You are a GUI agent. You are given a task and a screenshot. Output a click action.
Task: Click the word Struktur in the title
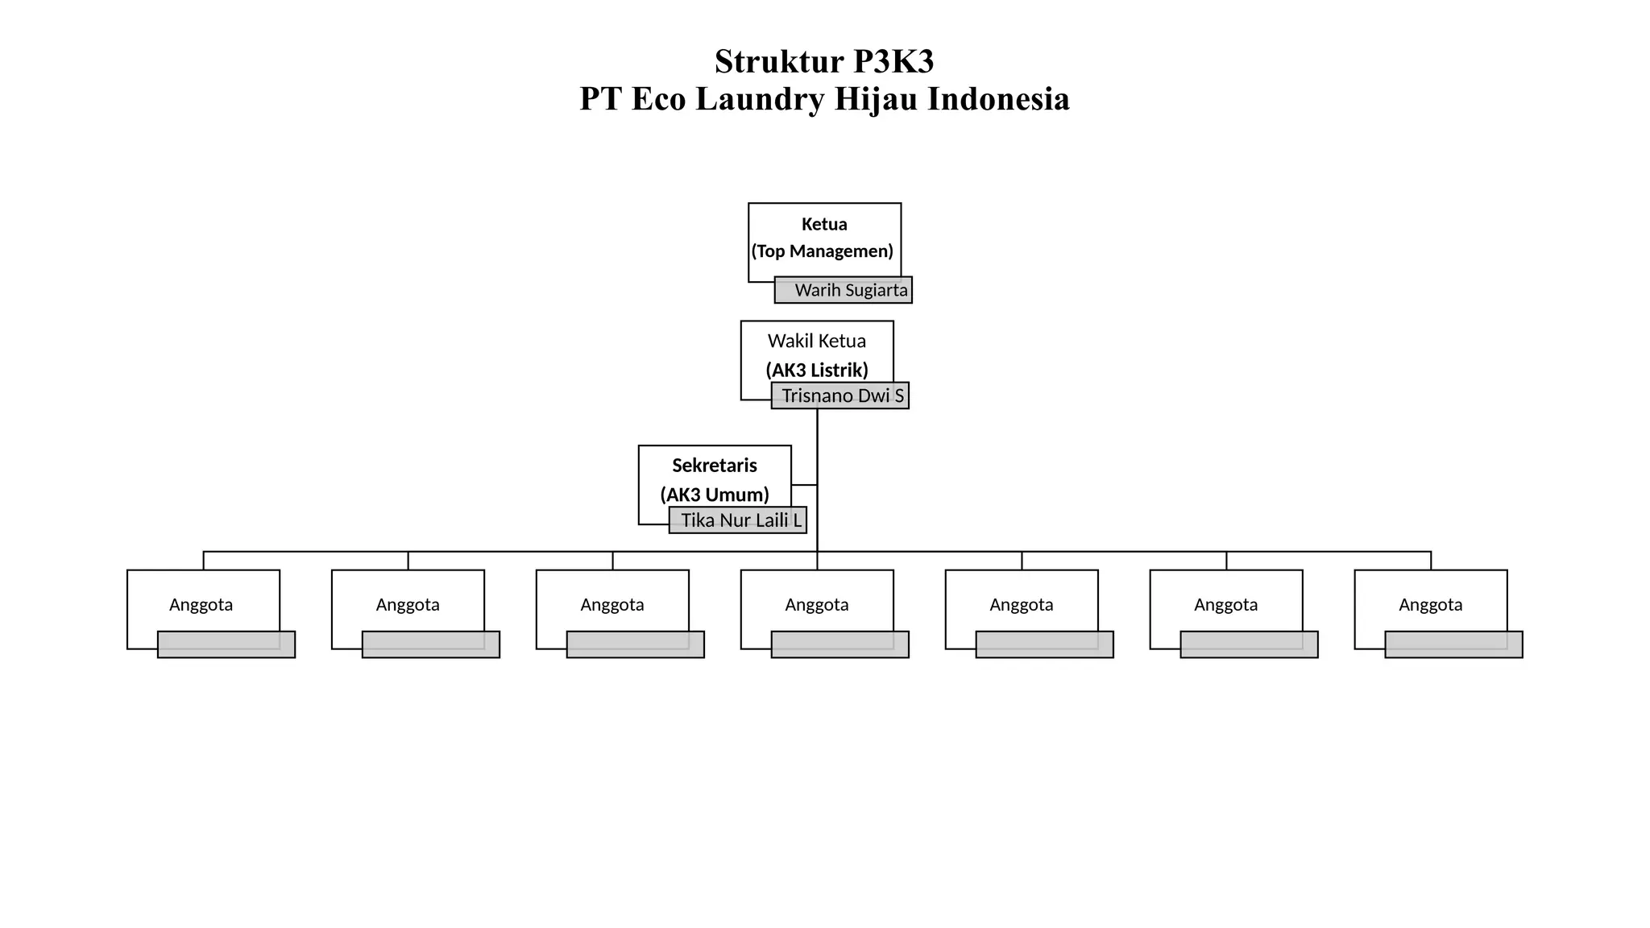coord(778,62)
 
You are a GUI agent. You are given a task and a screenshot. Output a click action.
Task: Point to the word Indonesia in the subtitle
coord(998,99)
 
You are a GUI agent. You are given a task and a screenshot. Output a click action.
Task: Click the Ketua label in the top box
coord(824,225)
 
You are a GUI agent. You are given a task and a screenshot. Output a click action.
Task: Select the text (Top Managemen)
coord(823,251)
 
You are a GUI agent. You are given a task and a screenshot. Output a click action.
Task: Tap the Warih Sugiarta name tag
coord(844,290)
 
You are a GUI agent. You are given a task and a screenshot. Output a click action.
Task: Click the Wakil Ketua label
coord(816,342)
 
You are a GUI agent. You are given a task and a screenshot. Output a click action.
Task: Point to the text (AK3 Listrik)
coord(817,371)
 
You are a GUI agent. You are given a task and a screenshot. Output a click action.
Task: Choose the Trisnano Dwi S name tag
coord(840,396)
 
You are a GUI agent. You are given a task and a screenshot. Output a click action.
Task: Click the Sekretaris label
coord(715,466)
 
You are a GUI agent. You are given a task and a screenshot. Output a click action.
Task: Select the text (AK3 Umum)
coord(715,495)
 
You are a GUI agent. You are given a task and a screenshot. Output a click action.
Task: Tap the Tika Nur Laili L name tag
coord(738,520)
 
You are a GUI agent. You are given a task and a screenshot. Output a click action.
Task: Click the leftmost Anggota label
coord(201,605)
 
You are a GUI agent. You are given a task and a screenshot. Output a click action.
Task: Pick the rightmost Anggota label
coord(1430,605)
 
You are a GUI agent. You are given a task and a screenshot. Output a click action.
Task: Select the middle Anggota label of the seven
coord(817,605)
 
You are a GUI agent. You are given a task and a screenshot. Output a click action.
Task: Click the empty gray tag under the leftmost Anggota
coord(226,644)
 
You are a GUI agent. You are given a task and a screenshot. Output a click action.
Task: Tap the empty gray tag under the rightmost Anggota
coord(1454,644)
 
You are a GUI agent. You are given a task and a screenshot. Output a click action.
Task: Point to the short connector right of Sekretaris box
coord(804,485)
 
